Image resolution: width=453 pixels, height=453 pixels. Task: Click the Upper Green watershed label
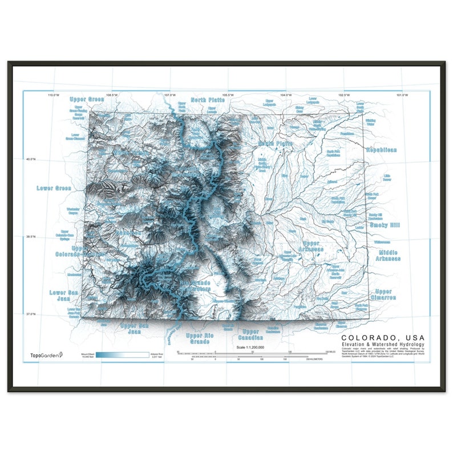(x=87, y=99)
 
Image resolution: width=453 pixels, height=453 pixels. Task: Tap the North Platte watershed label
(x=208, y=100)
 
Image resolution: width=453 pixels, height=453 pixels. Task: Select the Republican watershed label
(x=382, y=149)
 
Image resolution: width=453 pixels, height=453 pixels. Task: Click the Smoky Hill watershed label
(x=385, y=225)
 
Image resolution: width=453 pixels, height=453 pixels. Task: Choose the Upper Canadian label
(x=250, y=335)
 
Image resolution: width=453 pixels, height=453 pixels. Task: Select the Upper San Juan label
(x=135, y=328)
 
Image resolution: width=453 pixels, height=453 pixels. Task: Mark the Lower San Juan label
(x=62, y=296)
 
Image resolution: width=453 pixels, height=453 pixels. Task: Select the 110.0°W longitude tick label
(x=54, y=95)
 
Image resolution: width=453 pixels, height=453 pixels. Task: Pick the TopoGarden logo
(x=47, y=355)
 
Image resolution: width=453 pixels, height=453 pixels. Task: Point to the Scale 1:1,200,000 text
(x=251, y=347)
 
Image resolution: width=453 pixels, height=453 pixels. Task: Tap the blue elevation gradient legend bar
(x=122, y=355)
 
